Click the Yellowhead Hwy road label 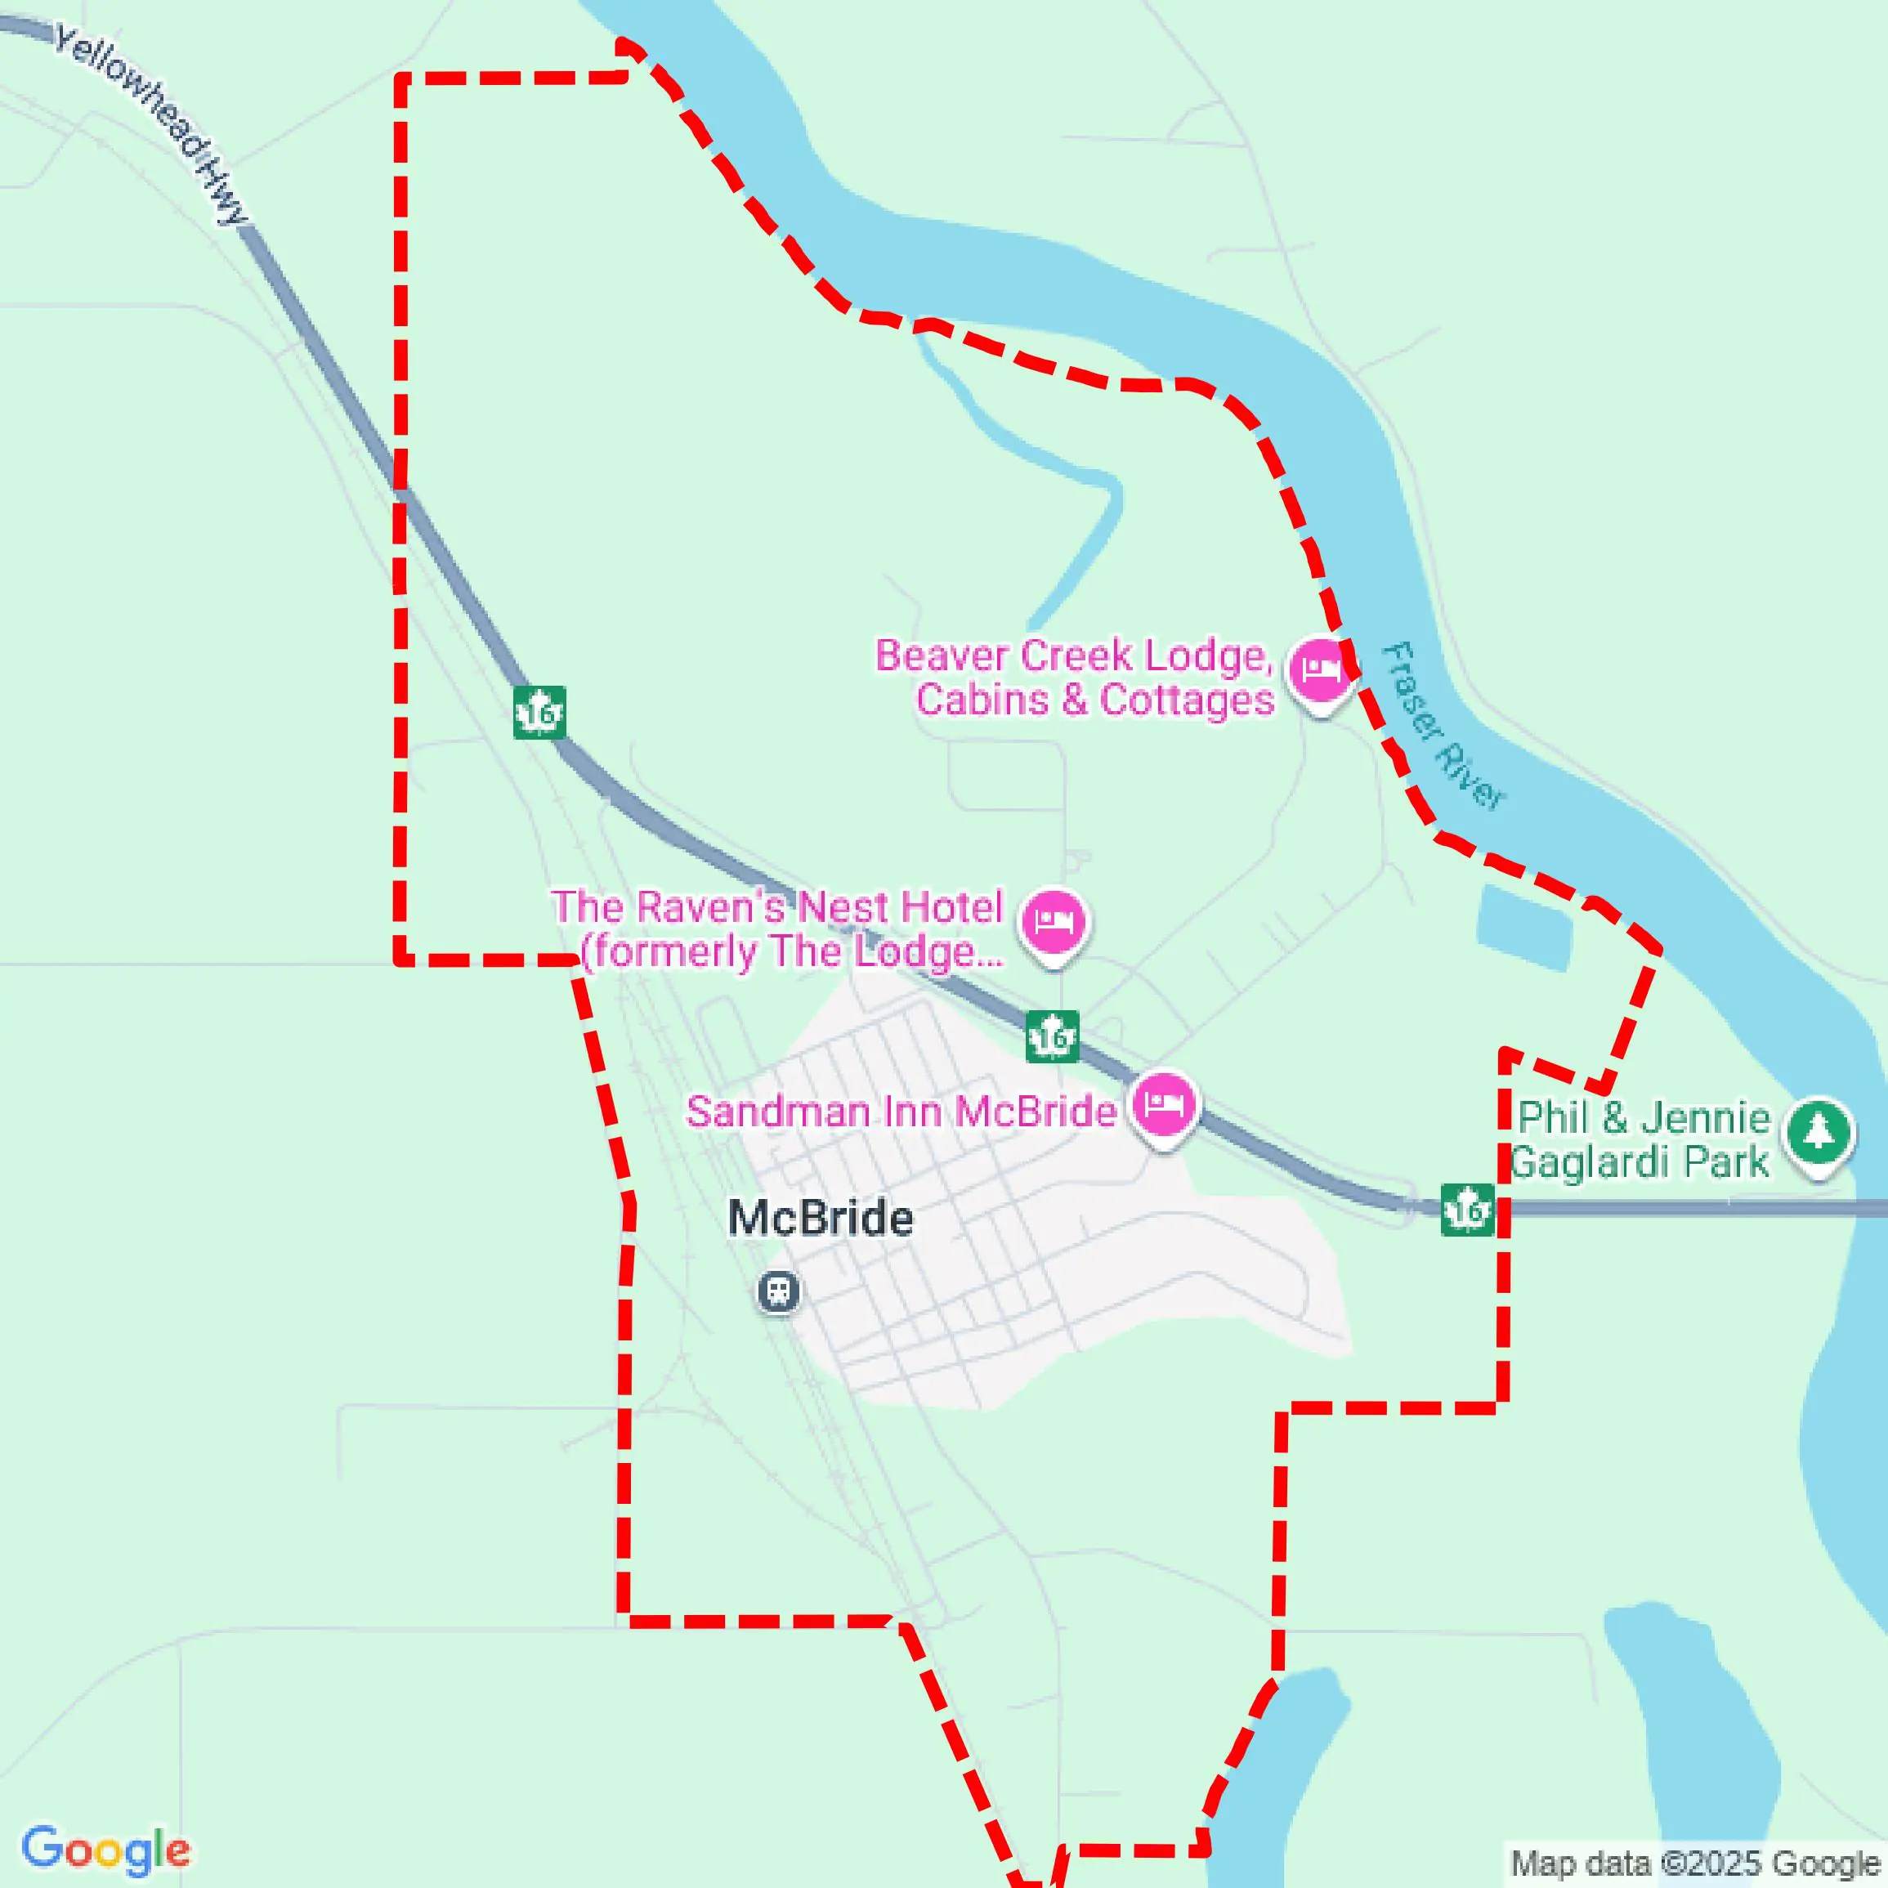(x=151, y=124)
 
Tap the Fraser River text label (x=1443, y=726)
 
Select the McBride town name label (x=821, y=1219)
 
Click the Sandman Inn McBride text (x=901, y=1112)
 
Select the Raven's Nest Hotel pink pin (x=1054, y=923)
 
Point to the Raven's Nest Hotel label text (x=778, y=929)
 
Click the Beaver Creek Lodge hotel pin (x=1320, y=671)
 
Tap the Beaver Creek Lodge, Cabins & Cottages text (x=1075, y=678)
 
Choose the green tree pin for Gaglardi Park (x=1818, y=1134)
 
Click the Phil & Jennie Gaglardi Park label (x=1641, y=1139)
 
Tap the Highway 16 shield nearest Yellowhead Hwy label (x=539, y=713)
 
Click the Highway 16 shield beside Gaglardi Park (x=1467, y=1210)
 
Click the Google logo (x=105, y=1850)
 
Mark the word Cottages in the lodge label (x=1187, y=700)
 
